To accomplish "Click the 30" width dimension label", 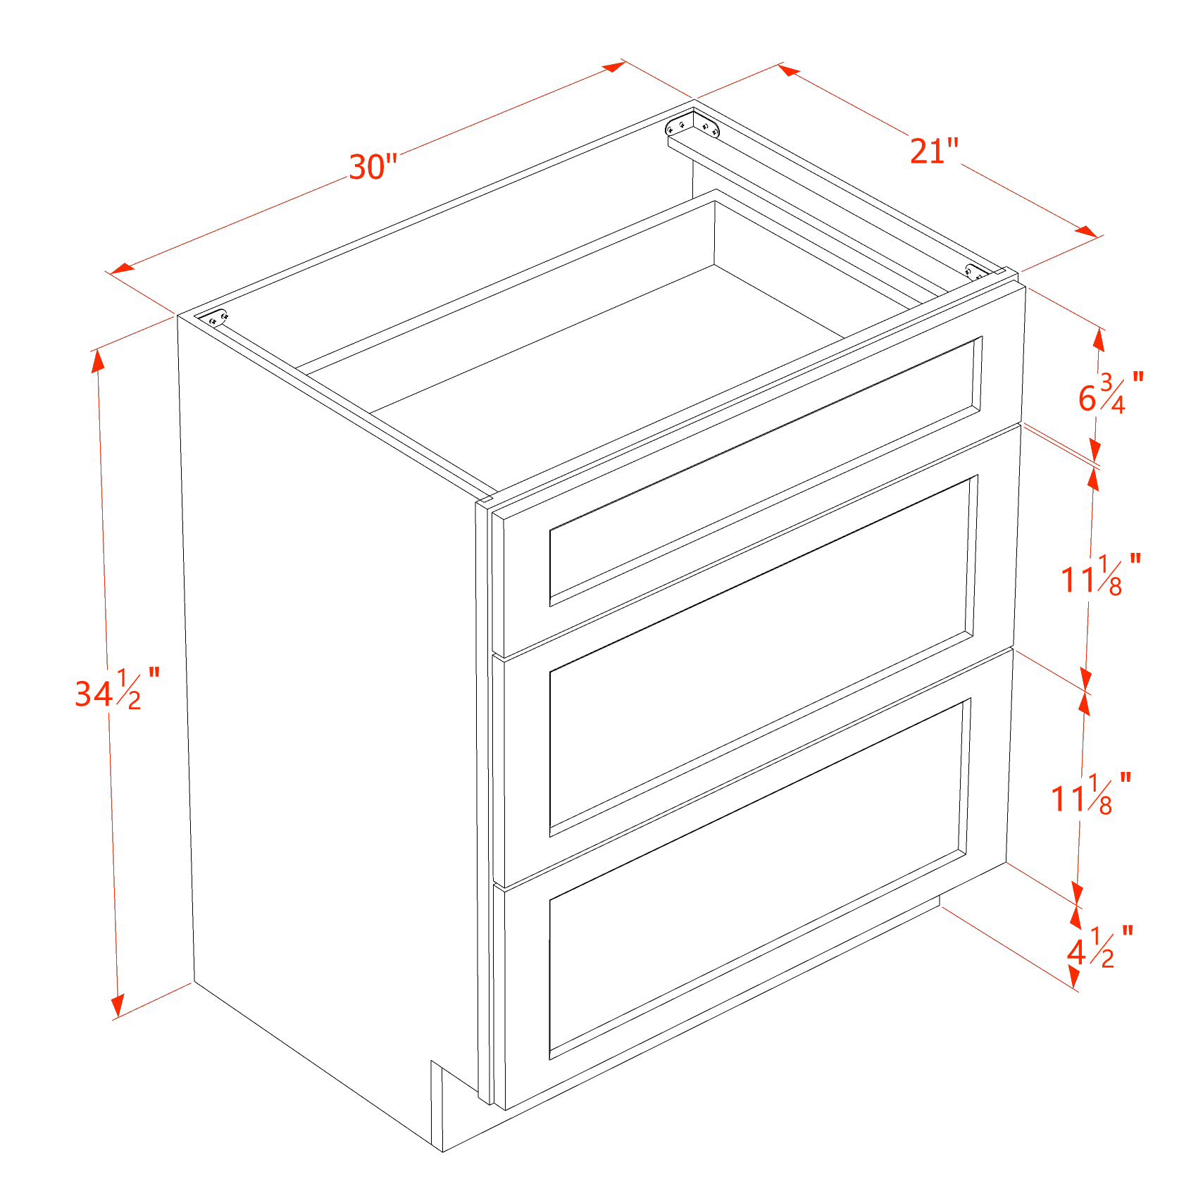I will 374,168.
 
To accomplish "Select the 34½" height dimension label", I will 117,690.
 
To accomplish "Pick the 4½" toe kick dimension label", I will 1099,947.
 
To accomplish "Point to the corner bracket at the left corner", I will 218,318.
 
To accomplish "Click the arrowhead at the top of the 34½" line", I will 99,359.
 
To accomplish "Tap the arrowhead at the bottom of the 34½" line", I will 117,1005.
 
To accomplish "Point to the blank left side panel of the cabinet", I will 324,704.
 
